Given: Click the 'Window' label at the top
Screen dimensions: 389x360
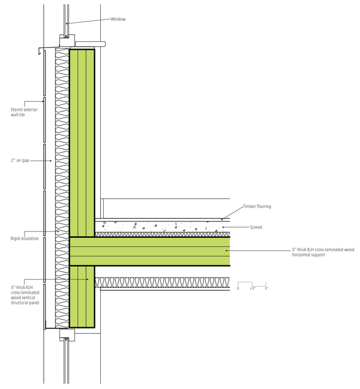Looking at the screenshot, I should [x=118, y=19].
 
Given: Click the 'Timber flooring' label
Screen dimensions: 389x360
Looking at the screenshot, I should [x=257, y=207].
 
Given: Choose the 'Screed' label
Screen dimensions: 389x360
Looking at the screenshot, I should [x=256, y=227].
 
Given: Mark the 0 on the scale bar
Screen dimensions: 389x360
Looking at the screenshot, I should [x=238, y=288].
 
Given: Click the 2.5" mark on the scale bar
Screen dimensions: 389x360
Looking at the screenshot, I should [x=253, y=288].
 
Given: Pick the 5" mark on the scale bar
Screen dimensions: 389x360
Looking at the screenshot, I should [x=266, y=288].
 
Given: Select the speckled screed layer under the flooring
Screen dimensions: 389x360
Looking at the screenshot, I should [x=162, y=227].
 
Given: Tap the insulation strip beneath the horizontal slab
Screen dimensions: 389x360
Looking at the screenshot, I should [x=162, y=282].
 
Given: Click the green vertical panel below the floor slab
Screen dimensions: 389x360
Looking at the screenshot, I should [x=82, y=296].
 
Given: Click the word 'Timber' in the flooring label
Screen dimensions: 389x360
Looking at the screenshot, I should [x=250, y=207].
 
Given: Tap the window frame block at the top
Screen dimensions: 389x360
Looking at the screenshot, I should [x=66, y=40].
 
